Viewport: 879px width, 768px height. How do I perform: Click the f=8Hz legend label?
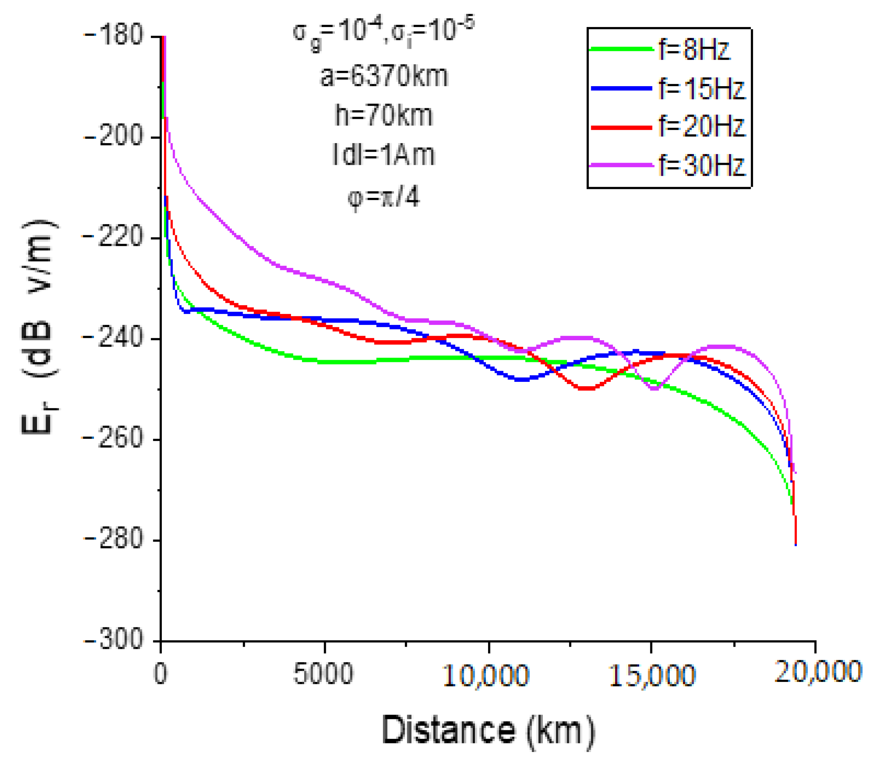click(694, 50)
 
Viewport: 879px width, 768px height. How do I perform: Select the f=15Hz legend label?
click(701, 89)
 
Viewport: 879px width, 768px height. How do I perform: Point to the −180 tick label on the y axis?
click(113, 36)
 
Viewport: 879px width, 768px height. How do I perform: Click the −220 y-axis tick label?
click(113, 237)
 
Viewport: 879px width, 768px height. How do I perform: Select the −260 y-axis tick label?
click(113, 439)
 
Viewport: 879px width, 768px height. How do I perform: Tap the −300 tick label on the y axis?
click(113, 640)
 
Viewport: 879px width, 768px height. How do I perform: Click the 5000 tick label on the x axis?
click(323, 674)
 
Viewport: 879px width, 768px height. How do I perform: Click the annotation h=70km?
click(384, 116)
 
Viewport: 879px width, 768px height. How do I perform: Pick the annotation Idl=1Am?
click(384, 155)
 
